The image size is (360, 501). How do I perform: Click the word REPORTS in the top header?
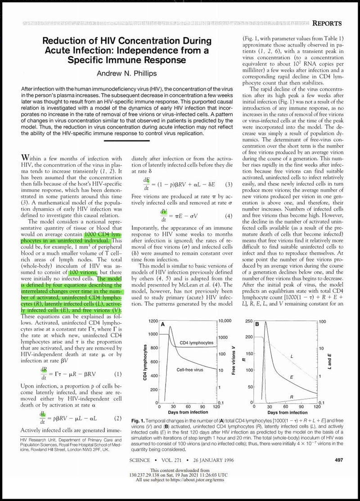(x=327, y=23)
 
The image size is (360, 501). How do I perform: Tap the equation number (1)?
(x=118, y=374)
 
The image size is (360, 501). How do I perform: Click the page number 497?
(x=336, y=460)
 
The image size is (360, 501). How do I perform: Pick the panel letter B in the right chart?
(x=257, y=324)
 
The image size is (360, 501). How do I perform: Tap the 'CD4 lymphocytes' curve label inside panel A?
(x=197, y=343)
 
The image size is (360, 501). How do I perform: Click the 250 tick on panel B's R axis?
(x=247, y=321)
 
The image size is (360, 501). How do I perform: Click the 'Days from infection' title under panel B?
(x=287, y=412)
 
